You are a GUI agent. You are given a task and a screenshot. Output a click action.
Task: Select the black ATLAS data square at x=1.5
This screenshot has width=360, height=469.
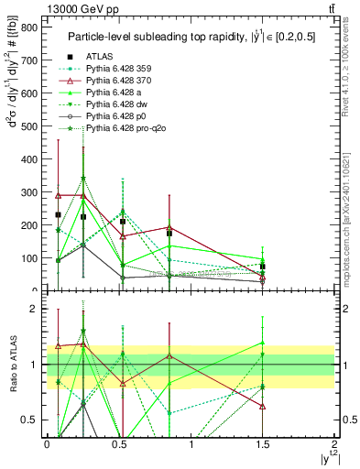pos(262,267)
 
